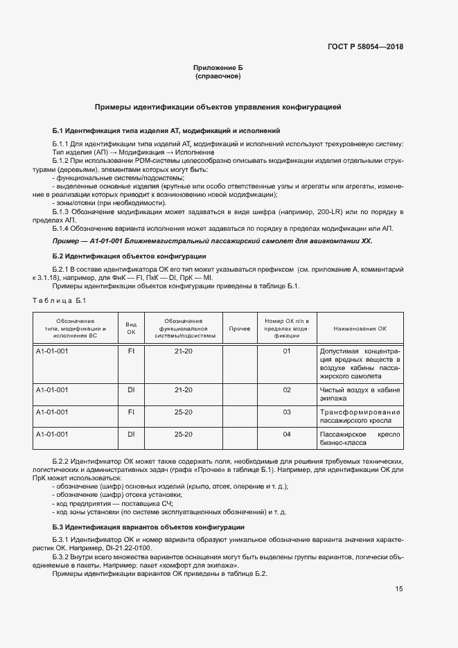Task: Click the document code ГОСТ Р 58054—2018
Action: [x=365, y=47]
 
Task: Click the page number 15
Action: [x=399, y=589]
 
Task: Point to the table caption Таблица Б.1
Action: [x=59, y=299]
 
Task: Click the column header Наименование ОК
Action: [x=360, y=328]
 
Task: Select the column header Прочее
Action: [x=239, y=328]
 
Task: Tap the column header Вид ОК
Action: [x=131, y=328]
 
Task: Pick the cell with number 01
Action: [x=286, y=351]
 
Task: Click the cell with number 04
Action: [x=286, y=434]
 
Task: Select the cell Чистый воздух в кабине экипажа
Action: [x=360, y=394]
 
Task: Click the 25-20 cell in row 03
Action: [x=184, y=412]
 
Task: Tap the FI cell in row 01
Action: [x=131, y=351]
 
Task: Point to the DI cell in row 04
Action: [x=131, y=434]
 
